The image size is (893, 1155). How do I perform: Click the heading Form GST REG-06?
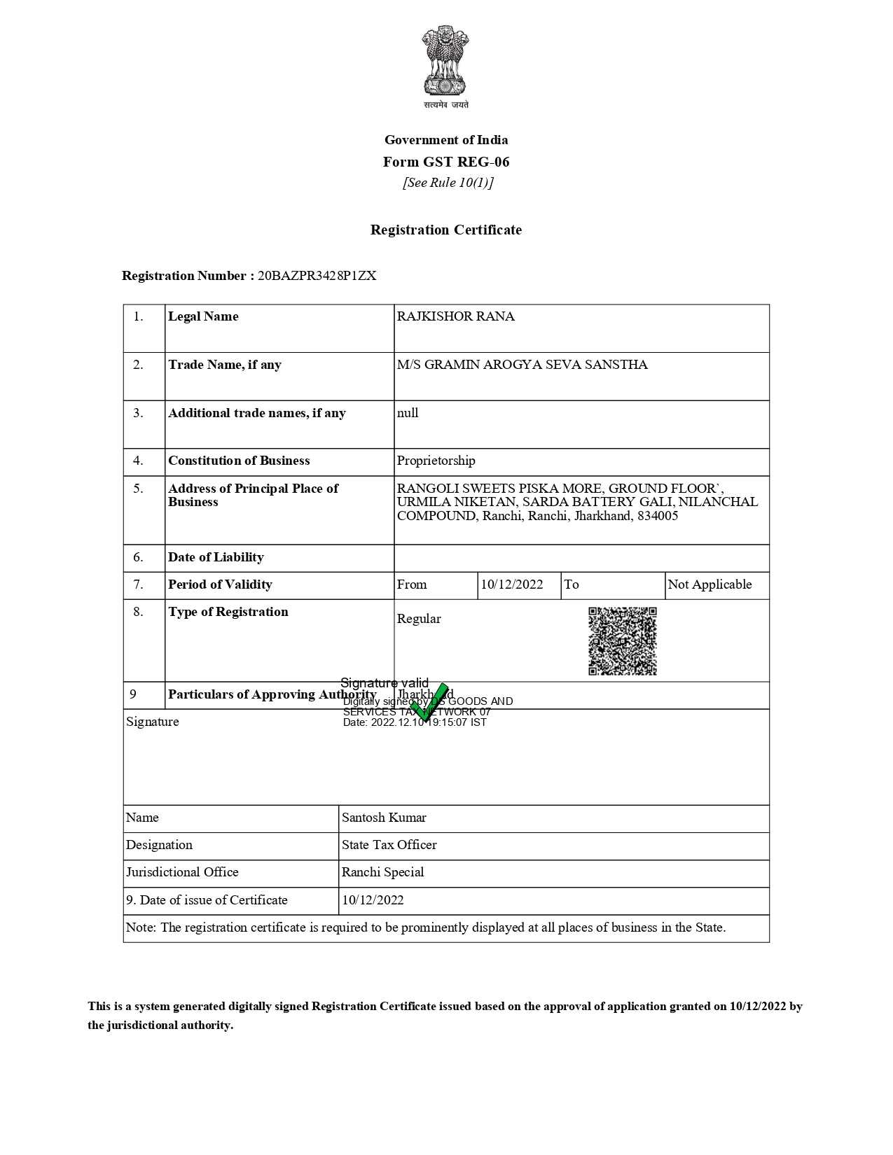pyautogui.click(x=446, y=162)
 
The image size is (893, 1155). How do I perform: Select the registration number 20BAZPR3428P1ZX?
pyautogui.click(x=317, y=276)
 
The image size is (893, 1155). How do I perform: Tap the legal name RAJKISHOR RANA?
pyautogui.click(x=455, y=316)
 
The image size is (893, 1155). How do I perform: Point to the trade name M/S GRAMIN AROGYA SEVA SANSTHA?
pyautogui.click(x=522, y=365)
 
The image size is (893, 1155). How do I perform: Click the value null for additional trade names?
pyautogui.click(x=408, y=413)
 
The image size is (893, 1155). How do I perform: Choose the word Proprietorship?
pyautogui.click(x=436, y=461)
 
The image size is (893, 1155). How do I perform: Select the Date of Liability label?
pyautogui.click(x=216, y=557)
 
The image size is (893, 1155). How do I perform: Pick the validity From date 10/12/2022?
pyautogui.click(x=511, y=584)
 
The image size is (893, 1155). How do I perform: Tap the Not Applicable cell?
pyautogui.click(x=709, y=584)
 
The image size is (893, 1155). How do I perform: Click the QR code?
pyautogui.click(x=623, y=641)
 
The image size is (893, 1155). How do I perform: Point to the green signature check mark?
pyautogui.click(x=429, y=702)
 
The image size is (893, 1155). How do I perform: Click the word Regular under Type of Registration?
pyautogui.click(x=419, y=619)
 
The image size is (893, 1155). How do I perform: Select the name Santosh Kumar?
pyautogui.click(x=384, y=818)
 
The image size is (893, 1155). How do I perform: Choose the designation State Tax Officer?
pyautogui.click(x=389, y=845)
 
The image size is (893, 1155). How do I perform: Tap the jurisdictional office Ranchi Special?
pyautogui.click(x=382, y=872)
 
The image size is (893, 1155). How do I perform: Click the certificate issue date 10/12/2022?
pyautogui.click(x=373, y=900)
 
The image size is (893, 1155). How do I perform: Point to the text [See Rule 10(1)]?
pyautogui.click(x=448, y=183)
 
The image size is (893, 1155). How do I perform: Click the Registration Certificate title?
pyautogui.click(x=446, y=230)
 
